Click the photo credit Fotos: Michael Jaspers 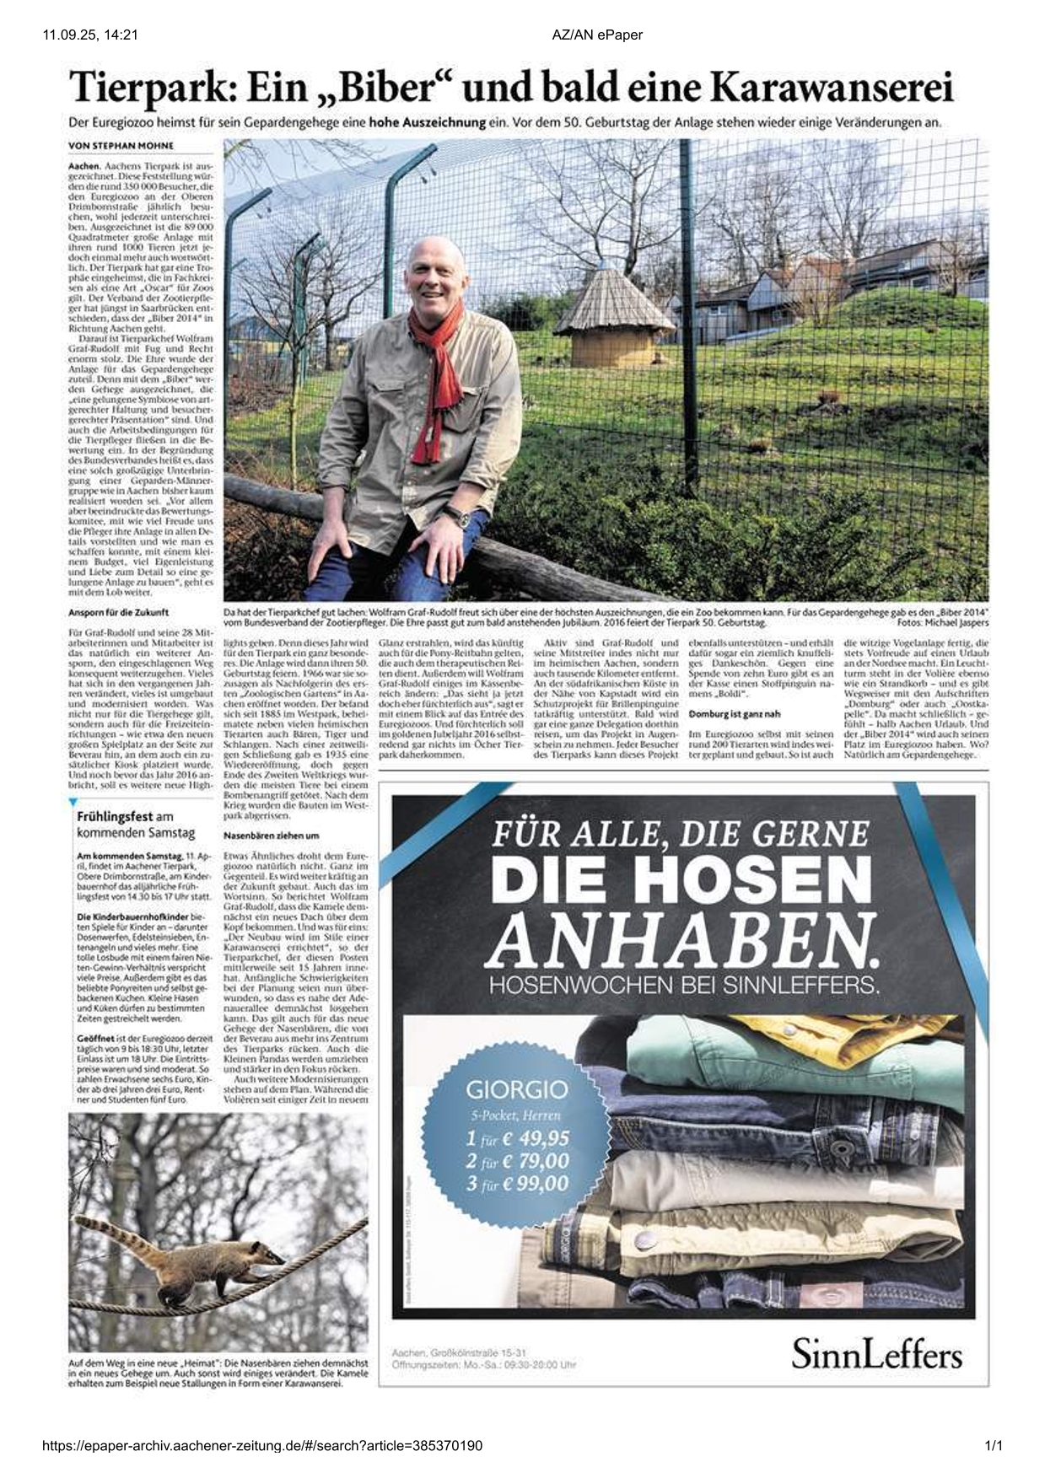943,622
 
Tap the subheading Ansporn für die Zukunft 118,612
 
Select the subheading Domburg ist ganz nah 735,714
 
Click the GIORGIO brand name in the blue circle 517,1090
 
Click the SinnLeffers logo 876,1356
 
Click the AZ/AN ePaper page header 597,35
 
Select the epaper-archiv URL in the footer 262,1446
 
